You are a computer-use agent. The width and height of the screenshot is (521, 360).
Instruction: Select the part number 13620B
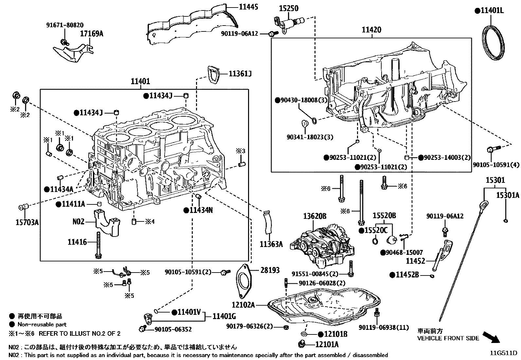click(314, 216)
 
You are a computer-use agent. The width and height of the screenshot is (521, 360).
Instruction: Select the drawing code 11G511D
click(503, 353)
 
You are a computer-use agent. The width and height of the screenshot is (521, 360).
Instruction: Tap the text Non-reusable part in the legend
click(42, 325)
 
